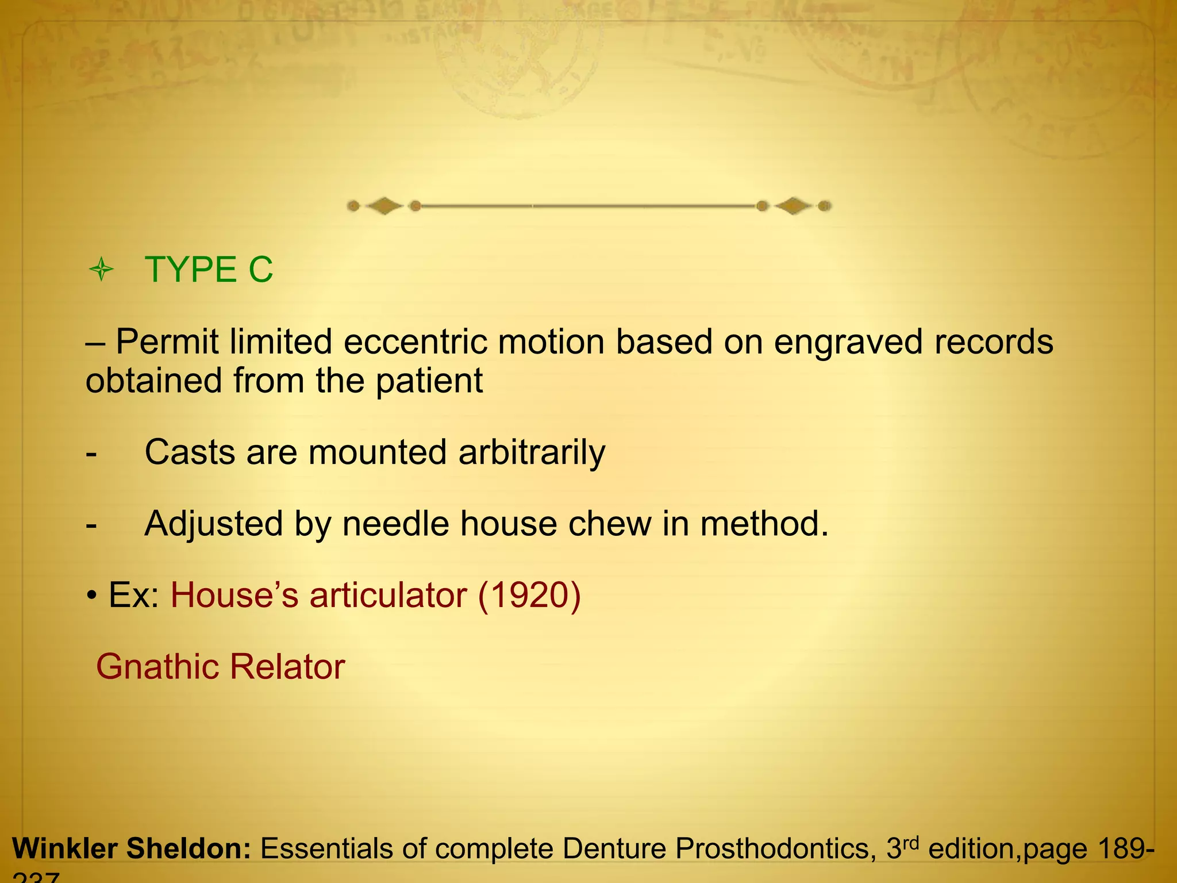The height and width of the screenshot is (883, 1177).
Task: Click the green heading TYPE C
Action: pos(209,270)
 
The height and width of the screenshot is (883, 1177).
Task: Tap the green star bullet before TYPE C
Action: pos(102,270)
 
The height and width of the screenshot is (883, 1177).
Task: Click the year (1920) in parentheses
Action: pos(529,596)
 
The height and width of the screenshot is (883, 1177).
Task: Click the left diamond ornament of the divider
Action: pos(384,206)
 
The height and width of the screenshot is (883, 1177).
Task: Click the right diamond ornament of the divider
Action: pos(793,206)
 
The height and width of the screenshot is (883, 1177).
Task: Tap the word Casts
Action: pos(190,452)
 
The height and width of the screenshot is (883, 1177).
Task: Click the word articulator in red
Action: pos(388,596)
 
